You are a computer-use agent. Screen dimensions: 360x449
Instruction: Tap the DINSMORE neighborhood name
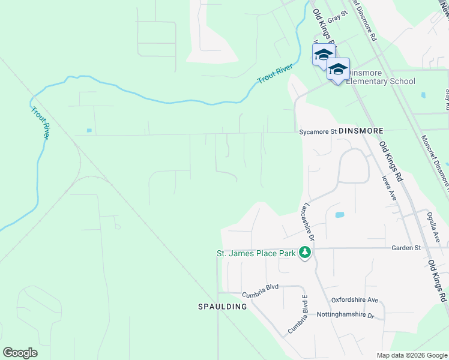[360, 130]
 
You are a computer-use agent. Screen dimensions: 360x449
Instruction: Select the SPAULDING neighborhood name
[223, 307]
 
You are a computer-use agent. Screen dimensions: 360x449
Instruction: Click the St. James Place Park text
[256, 254]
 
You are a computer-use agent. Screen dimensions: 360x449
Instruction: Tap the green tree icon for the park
[306, 253]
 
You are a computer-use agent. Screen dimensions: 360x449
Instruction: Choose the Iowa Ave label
[390, 188]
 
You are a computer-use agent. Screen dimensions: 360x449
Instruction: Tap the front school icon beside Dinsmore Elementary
[338, 69]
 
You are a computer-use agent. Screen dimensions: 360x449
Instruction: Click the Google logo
[20, 352]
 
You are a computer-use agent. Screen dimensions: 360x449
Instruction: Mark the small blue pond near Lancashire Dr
[340, 214]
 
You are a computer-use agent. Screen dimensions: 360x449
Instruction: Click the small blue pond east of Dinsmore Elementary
[424, 95]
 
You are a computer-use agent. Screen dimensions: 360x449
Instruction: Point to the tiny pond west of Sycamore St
[89, 130]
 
